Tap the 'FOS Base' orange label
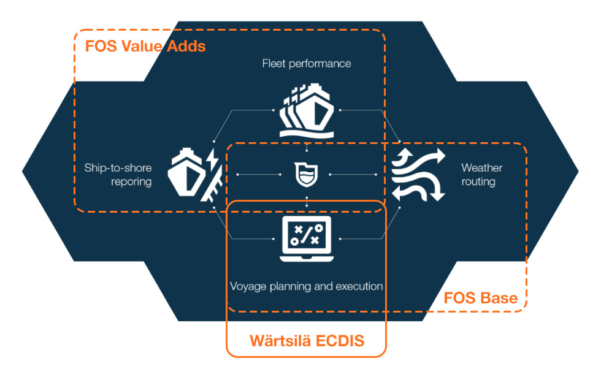click(480, 298)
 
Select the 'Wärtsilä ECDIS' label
click(307, 341)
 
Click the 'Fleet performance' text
click(307, 63)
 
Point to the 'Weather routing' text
click(481, 175)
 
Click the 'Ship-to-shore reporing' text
click(118, 175)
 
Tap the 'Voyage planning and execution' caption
click(307, 286)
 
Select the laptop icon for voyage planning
click(306, 240)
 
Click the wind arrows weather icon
click(418, 175)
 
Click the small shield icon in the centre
click(306, 174)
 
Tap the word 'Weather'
click(481, 167)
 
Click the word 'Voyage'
click(248, 286)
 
